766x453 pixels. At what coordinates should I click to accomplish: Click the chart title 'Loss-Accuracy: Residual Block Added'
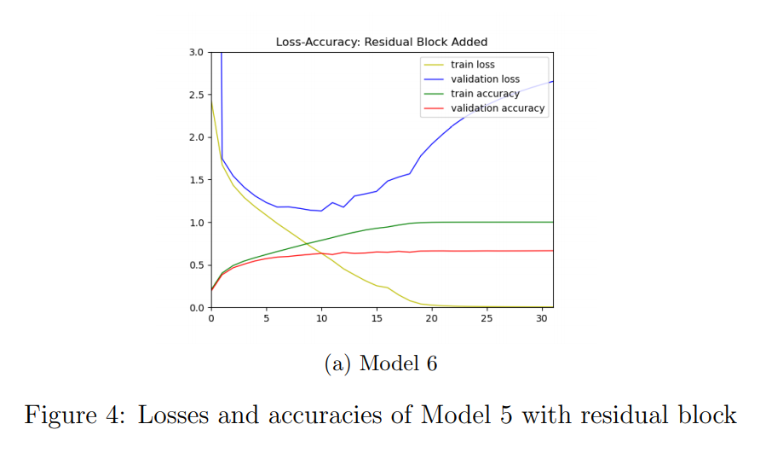pos(382,42)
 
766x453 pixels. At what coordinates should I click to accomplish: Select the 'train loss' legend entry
pos(472,65)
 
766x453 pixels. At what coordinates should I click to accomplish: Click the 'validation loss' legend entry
pos(485,79)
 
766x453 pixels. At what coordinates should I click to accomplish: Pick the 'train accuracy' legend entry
pos(485,94)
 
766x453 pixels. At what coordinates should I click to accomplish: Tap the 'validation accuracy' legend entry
pos(498,108)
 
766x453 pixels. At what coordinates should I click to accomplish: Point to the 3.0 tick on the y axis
pos(196,52)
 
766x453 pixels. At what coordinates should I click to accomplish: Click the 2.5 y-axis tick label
pos(196,95)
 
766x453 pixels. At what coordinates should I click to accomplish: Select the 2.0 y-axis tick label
pos(196,137)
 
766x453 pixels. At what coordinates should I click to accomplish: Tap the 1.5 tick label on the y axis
pos(196,180)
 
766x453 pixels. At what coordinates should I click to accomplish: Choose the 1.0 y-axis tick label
pos(196,223)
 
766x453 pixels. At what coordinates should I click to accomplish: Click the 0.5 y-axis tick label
pos(196,265)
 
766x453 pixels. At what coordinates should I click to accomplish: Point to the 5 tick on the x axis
pos(267,319)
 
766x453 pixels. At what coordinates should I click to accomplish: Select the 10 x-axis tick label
pos(321,319)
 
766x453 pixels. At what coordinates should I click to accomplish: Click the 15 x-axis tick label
pos(377,319)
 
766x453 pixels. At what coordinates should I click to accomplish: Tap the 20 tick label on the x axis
pos(432,319)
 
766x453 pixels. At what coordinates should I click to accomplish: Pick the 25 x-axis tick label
pos(487,319)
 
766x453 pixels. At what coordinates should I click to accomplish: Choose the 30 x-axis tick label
pos(542,319)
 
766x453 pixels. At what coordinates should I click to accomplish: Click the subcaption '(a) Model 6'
pos(381,364)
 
